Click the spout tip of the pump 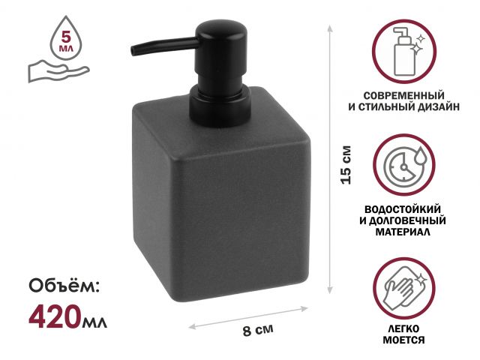coord(133,51)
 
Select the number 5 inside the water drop coord(66,37)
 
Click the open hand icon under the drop coord(58,72)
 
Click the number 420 coord(55,317)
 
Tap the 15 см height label coord(346,165)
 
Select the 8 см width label coord(258,330)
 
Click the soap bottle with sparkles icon coord(404,52)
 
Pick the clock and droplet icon coord(404,165)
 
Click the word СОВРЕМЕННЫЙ coord(404,95)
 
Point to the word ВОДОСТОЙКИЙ coord(403,209)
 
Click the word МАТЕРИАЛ coord(403,232)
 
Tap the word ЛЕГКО coord(403,328)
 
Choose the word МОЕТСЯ coord(403,340)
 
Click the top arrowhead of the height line coord(330,28)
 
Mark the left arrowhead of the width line coord(192,326)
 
